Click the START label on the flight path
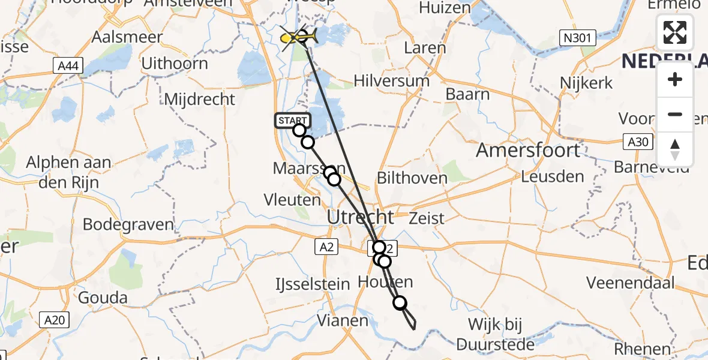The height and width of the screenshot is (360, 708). click(293, 121)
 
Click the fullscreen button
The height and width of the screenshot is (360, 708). click(675, 32)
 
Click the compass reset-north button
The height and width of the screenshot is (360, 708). click(675, 149)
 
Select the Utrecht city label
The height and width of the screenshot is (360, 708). click(361, 217)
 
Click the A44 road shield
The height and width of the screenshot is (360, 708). click(68, 67)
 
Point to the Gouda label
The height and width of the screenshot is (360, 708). click(103, 298)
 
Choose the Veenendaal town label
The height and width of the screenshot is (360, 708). click(630, 283)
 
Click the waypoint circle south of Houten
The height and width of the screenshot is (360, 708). click(400, 303)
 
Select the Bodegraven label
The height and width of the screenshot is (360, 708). click(128, 225)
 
